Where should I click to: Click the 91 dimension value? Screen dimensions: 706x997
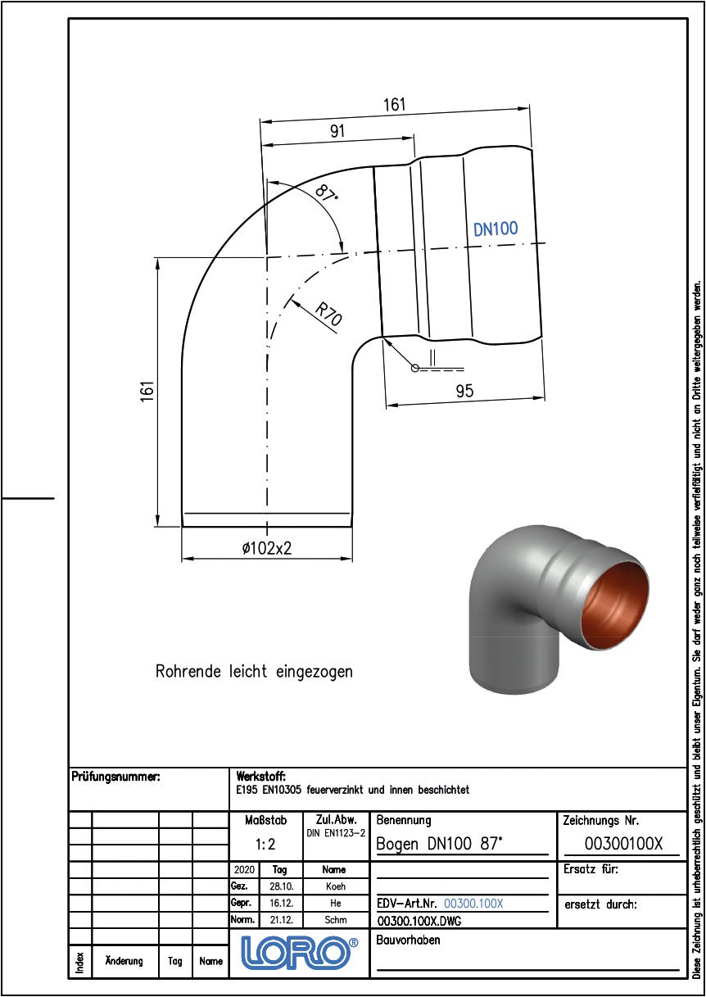point(337,131)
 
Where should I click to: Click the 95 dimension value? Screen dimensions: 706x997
point(464,391)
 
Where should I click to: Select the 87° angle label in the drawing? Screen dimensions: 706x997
point(326,194)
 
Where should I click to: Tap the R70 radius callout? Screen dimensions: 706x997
point(328,315)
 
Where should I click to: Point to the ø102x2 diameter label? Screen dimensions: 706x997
point(267,548)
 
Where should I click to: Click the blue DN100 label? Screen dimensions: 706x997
point(496,229)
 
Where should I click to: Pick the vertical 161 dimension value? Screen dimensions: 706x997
point(147,392)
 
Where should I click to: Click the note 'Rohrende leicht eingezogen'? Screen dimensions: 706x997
point(254,671)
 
